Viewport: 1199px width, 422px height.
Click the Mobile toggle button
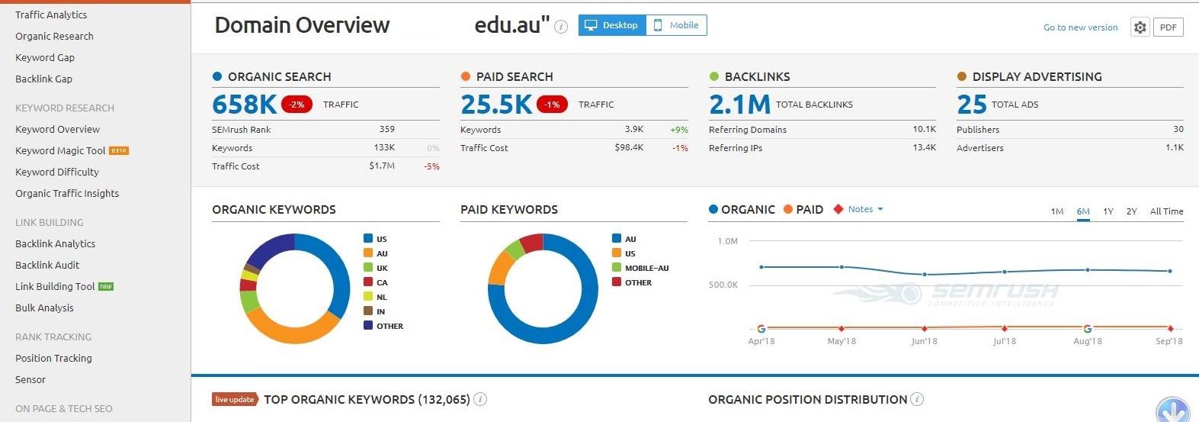[x=676, y=25]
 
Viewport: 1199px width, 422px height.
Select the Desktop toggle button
[x=612, y=25]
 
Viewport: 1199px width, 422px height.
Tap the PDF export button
[x=1168, y=27]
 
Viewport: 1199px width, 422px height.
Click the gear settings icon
[x=1140, y=27]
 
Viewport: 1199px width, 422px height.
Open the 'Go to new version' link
[x=1080, y=27]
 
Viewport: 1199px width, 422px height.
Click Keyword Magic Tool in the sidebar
[x=61, y=151]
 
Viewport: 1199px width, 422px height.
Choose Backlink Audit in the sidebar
[x=47, y=266]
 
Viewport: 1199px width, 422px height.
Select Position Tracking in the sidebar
[x=53, y=359]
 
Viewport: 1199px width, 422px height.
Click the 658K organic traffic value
[x=244, y=105]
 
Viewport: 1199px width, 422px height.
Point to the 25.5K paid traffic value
[x=495, y=105]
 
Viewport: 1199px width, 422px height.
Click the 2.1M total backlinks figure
[x=739, y=105]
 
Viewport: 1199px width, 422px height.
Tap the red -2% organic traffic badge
[x=297, y=105]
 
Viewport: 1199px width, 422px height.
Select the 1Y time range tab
[x=1108, y=211]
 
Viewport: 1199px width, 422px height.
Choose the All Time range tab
[x=1166, y=211]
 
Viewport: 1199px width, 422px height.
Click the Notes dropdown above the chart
[x=864, y=209]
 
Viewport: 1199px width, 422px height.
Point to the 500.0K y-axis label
[x=723, y=285]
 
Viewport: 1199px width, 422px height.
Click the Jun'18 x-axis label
[x=924, y=341]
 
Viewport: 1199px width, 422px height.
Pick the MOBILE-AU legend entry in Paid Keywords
[x=646, y=268]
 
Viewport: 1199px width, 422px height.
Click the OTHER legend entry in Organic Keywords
[x=389, y=326]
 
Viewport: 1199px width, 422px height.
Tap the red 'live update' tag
[x=234, y=399]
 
